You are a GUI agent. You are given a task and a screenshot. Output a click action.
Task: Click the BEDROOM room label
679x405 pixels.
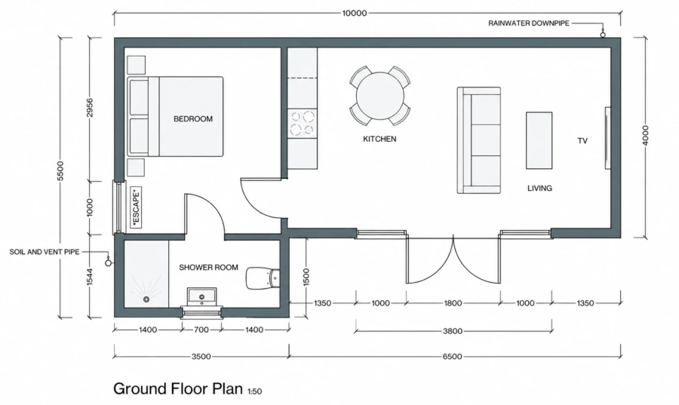tap(193, 118)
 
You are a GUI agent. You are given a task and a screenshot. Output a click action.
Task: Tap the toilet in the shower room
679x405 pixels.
tap(263, 278)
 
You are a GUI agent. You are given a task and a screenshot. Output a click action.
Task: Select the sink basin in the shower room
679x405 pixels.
tap(201, 296)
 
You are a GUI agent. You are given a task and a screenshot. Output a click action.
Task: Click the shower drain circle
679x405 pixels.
tap(146, 299)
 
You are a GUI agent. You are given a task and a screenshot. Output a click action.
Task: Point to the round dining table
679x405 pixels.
tap(379, 96)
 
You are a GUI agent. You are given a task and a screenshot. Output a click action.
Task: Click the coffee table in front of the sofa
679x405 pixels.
tap(539, 140)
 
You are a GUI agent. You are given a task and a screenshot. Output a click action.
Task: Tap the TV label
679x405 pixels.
tap(582, 140)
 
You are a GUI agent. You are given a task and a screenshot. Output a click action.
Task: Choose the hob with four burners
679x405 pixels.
tap(303, 124)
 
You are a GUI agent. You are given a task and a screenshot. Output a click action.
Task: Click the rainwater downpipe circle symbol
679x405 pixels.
tap(602, 35)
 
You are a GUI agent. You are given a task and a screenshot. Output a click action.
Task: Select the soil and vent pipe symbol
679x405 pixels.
tap(108, 262)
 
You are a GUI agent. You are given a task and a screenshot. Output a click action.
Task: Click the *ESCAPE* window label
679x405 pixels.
tap(136, 207)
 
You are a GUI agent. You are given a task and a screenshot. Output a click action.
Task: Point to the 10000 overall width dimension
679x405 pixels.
tap(355, 13)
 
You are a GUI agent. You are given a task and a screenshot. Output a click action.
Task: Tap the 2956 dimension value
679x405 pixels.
tap(90, 108)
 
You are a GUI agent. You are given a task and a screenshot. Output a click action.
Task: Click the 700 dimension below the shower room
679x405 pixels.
tap(201, 330)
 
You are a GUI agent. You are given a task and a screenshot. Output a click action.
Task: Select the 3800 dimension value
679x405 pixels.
tap(453, 331)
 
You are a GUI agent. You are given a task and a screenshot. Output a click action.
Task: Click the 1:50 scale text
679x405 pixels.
tap(255, 391)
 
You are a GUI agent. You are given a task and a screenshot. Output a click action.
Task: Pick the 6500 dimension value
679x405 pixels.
tap(452, 357)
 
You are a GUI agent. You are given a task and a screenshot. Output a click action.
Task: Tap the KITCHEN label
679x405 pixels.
tap(379, 139)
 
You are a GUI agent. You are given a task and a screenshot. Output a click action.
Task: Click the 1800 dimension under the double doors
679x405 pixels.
tap(453, 303)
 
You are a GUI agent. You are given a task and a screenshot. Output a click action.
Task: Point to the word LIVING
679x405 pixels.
tap(539, 189)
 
